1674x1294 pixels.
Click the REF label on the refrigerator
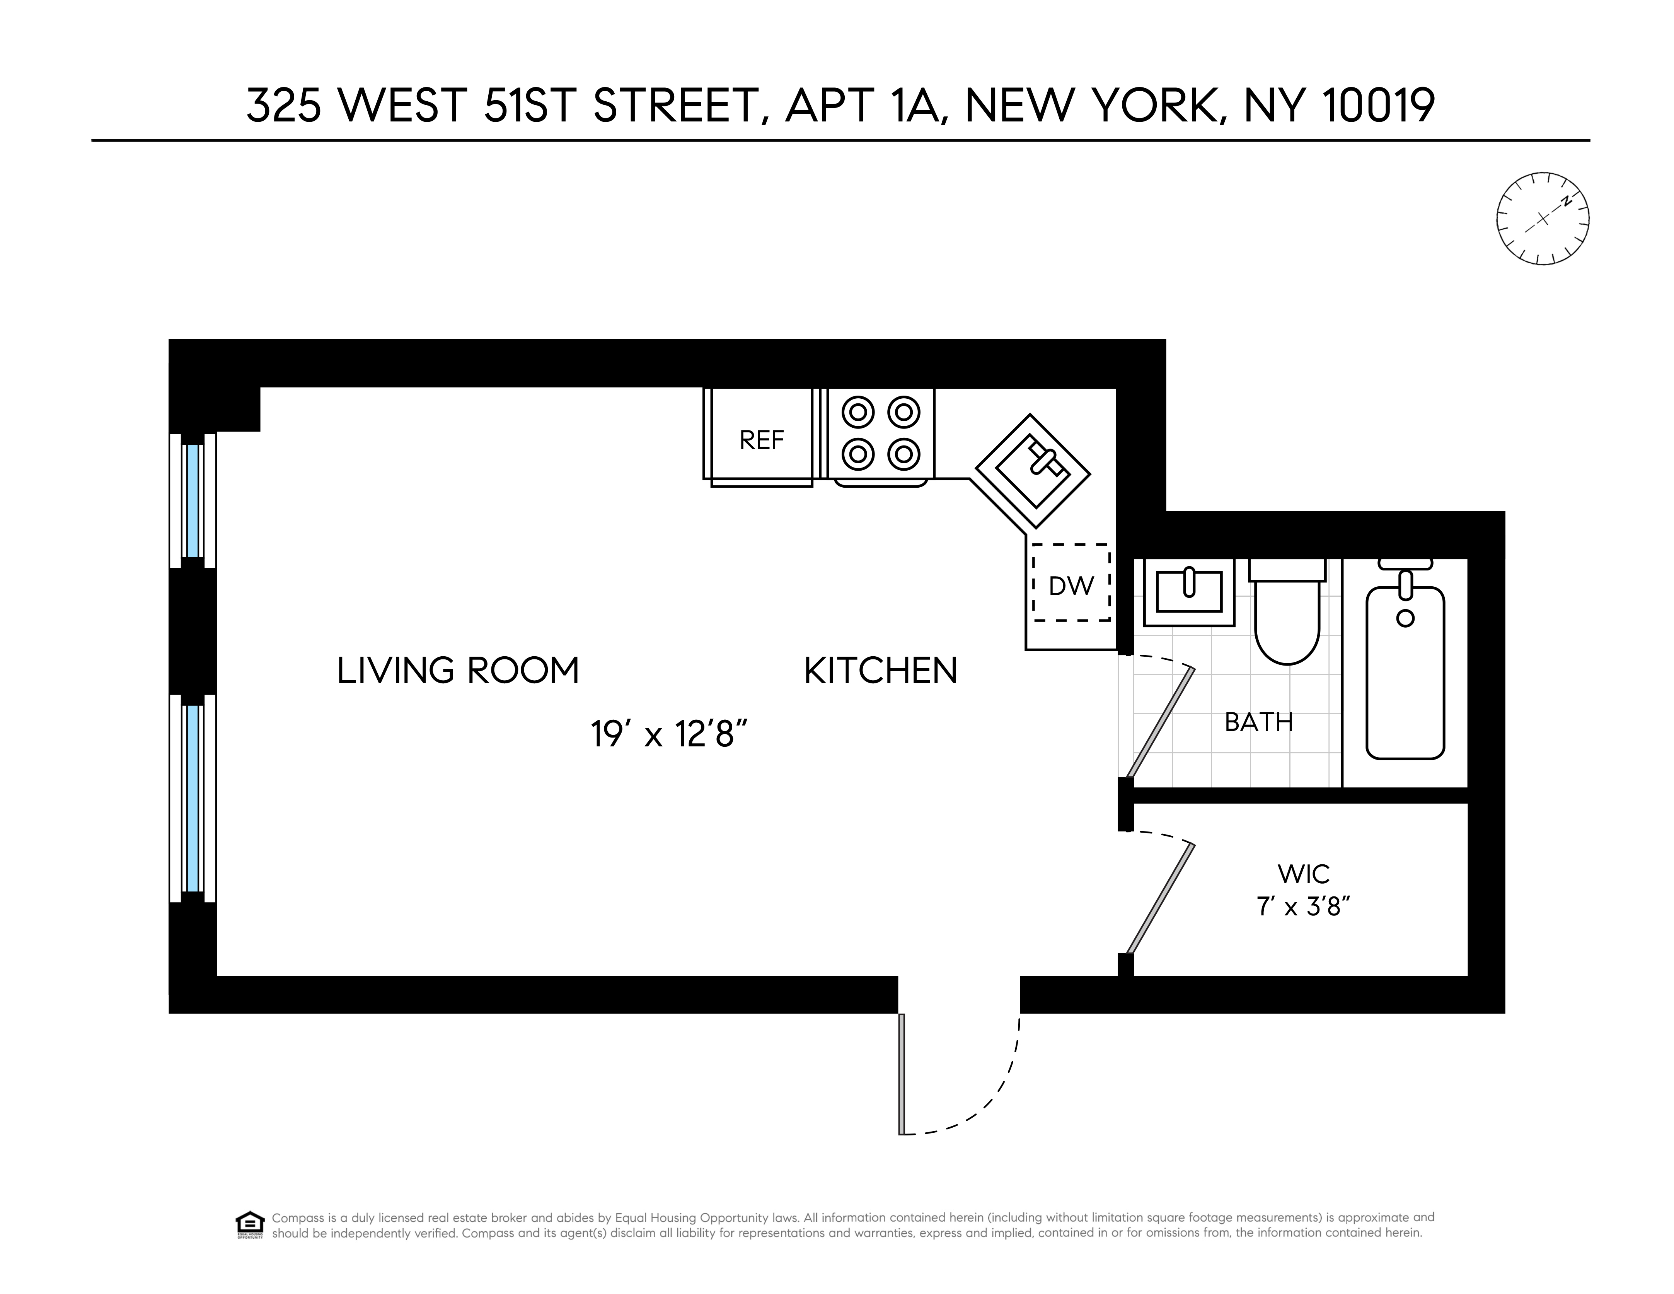pyautogui.click(x=761, y=440)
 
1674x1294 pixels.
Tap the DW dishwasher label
pyautogui.click(x=1071, y=586)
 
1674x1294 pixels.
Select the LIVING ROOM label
pyautogui.click(x=458, y=671)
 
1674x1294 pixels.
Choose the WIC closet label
pyautogui.click(x=1303, y=873)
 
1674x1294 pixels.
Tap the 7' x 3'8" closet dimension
pyautogui.click(x=1303, y=907)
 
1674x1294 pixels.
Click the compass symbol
pyautogui.click(x=1542, y=219)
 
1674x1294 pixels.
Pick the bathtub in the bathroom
pyautogui.click(x=1405, y=671)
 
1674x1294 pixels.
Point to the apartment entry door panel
pyautogui.click(x=902, y=1073)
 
